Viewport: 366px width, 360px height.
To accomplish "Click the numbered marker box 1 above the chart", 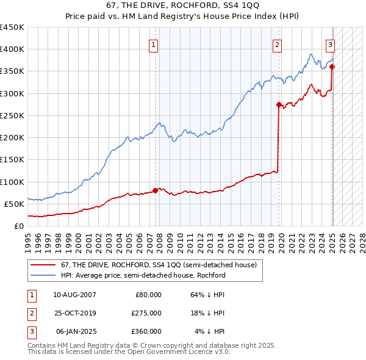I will (x=153, y=45).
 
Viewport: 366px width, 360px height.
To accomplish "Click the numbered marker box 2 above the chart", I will (x=277, y=45).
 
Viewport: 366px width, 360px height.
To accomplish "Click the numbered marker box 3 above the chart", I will (x=330, y=45).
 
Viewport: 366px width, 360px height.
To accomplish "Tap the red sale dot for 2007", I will (x=155, y=190).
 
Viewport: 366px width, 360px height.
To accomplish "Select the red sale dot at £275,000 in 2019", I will (x=279, y=105).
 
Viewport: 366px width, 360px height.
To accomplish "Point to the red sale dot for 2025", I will (x=332, y=67).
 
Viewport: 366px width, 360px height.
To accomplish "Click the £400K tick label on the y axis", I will (x=12, y=49).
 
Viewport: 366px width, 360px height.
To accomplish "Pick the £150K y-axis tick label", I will (x=12, y=160).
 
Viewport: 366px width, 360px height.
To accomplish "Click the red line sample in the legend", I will (x=43, y=264).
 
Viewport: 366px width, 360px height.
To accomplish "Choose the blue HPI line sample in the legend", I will (x=43, y=275).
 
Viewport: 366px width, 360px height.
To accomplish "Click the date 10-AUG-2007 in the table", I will (x=74, y=295).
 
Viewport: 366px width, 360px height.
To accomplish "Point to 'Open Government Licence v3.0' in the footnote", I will (x=177, y=352).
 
